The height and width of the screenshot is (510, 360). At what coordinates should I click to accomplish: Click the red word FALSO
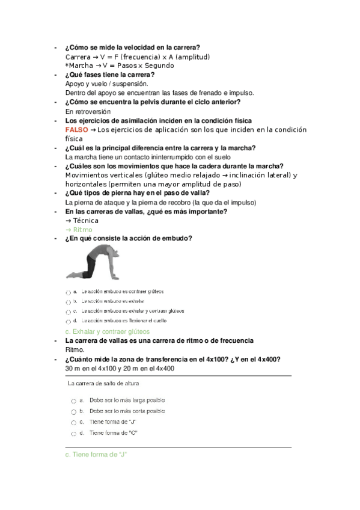pyautogui.click(x=76, y=130)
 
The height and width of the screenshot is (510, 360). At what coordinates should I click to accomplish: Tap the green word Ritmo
pyautogui.click(x=81, y=230)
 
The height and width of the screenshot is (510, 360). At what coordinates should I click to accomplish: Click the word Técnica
pyautogui.click(x=84, y=221)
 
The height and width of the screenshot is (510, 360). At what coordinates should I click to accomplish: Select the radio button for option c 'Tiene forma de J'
pyautogui.click(x=73, y=423)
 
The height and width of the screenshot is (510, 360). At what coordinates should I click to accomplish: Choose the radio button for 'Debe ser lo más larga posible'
pyautogui.click(x=73, y=401)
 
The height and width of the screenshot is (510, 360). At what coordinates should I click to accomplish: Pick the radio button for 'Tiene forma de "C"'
pyautogui.click(x=73, y=434)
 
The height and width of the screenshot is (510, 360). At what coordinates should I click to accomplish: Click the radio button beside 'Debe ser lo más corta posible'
pyautogui.click(x=73, y=412)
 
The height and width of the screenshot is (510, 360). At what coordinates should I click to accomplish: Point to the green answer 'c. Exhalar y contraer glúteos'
pyautogui.click(x=107, y=331)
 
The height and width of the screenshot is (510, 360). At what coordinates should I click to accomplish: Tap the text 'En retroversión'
pyautogui.click(x=88, y=111)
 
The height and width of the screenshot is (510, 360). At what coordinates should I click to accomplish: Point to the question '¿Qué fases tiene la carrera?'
pyautogui.click(x=109, y=75)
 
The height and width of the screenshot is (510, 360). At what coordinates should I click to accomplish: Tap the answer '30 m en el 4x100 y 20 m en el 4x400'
pyautogui.click(x=120, y=369)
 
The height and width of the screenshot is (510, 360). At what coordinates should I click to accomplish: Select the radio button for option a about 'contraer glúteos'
pyautogui.click(x=69, y=292)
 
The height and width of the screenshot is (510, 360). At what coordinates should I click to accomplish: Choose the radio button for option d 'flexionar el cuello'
pyautogui.click(x=69, y=322)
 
